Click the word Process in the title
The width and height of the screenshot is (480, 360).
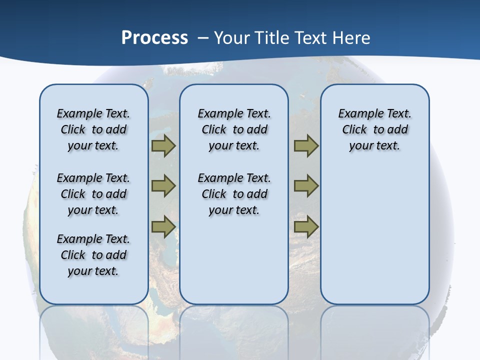(154, 37)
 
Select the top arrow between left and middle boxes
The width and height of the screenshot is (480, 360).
(163, 146)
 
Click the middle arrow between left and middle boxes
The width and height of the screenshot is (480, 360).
(163, 186)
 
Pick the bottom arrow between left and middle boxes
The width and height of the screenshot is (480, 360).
(163, 227)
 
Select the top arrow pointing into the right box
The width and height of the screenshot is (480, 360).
(306, 146)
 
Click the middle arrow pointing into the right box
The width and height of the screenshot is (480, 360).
(306, 186)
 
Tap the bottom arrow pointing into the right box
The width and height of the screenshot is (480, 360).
(306, 227)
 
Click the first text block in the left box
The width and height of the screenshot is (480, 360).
(93, 129)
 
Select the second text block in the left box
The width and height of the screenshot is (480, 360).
(93, 194)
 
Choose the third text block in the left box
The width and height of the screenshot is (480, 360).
(93, 255)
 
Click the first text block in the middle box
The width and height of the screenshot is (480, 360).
(234, 129)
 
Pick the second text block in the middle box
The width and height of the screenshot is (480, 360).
(234, 194)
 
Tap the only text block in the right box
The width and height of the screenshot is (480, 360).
(375, 129)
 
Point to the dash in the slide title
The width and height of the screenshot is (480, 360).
(203, 38)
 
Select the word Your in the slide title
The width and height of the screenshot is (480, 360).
(232, 37)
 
